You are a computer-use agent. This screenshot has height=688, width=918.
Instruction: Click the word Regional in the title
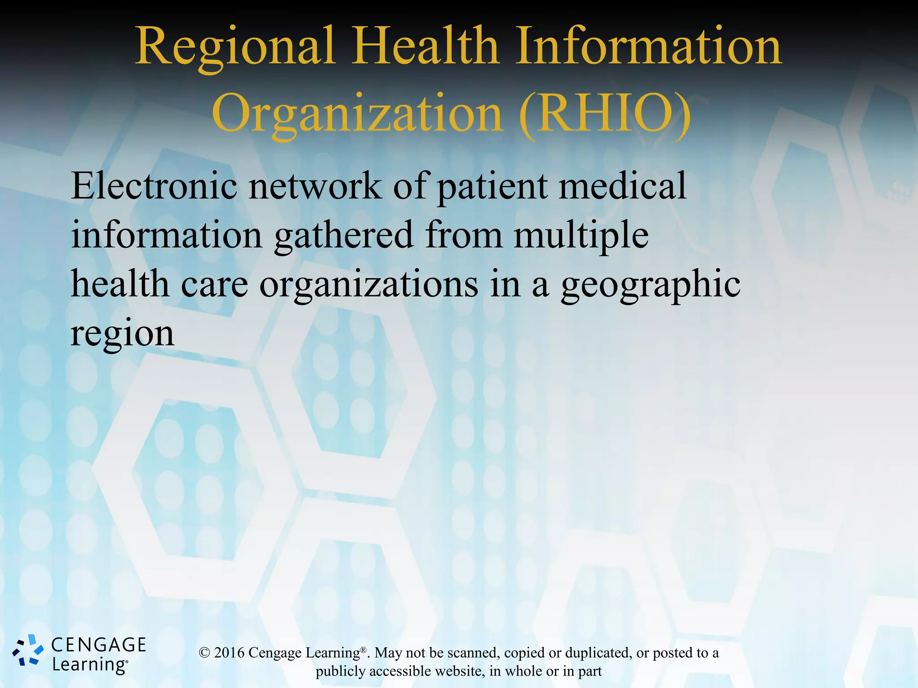(x=235, y=47)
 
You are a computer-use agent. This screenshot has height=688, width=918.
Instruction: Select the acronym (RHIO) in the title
(x=606, y=114)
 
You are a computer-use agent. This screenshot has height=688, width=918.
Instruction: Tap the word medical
(x=623, y=185)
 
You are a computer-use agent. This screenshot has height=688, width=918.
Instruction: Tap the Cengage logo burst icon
(x=28, y=650)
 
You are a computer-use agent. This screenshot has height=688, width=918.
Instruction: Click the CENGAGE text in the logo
(x=99, y=645)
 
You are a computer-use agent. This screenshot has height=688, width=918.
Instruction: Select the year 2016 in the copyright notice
(x=229, y=653)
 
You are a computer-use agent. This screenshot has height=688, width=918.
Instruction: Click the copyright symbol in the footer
(x=204, y=653)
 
